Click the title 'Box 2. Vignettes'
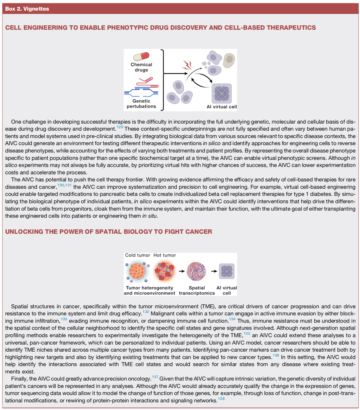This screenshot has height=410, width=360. [x=27, y=9]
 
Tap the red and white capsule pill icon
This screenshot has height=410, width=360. [x=141, y=56]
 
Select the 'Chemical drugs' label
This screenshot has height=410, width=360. [x=141, y=67]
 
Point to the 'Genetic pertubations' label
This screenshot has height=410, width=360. [x=141, y=104]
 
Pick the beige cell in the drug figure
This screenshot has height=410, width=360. [x=229, y=60]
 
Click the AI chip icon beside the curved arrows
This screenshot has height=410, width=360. [x=222, y=93]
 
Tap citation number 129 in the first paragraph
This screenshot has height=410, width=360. [x=120, y=127]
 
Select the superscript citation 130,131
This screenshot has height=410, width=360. [x=64, y=185]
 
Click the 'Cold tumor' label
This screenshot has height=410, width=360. [x=138, y=255]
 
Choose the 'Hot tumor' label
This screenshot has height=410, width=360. [x=164, y=255]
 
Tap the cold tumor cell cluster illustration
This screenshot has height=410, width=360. [x=137, y=271]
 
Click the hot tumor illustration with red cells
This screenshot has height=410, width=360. [x=164, y=271]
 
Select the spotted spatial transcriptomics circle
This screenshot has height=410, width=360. [x=196, y=271]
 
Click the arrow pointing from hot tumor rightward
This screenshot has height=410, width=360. [x=181, y=271]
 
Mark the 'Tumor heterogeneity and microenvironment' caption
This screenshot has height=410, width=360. [x=149, y=291]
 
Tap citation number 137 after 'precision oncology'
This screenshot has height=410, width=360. [x=155, y=377]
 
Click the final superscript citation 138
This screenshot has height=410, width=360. [x=221, y=399]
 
